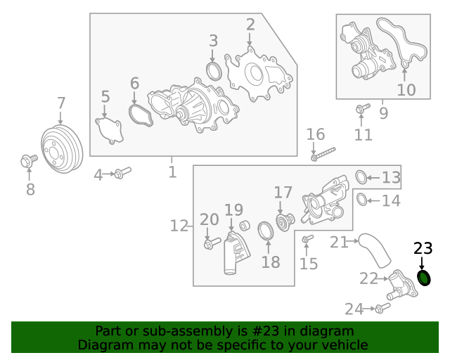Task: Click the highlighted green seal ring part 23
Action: tap(424, 278)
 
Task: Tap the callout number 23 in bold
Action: tap(423, 248)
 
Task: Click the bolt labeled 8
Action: tap(28, 162)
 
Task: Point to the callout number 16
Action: tap(316, 134)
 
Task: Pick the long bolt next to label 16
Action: tap(323, 153)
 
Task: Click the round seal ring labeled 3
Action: tap(214, 71)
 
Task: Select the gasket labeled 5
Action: tap(109, 131)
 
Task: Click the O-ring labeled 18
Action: tap(266, 231)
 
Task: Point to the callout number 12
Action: tap(179, 226)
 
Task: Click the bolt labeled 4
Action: tap(121, 172)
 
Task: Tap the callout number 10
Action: tap(406, 89)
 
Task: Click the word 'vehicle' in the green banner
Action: tap(344, 345)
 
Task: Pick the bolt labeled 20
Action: tap(209, 244)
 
